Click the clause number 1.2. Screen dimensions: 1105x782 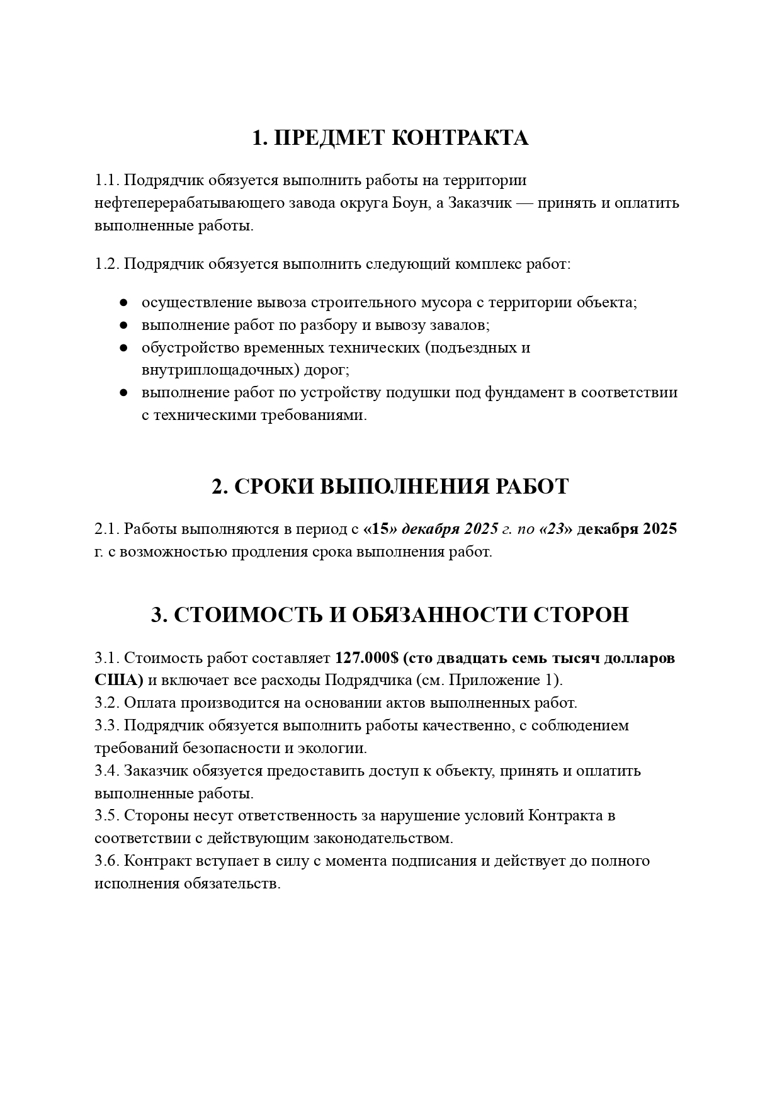pos(107,263)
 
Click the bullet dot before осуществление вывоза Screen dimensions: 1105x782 pos(125,303)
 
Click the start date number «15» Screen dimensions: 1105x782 pos(380,529)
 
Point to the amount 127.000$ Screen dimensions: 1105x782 pos(366,658)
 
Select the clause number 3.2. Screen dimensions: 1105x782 pos(107,703)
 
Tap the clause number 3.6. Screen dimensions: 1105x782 pos(107,861)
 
